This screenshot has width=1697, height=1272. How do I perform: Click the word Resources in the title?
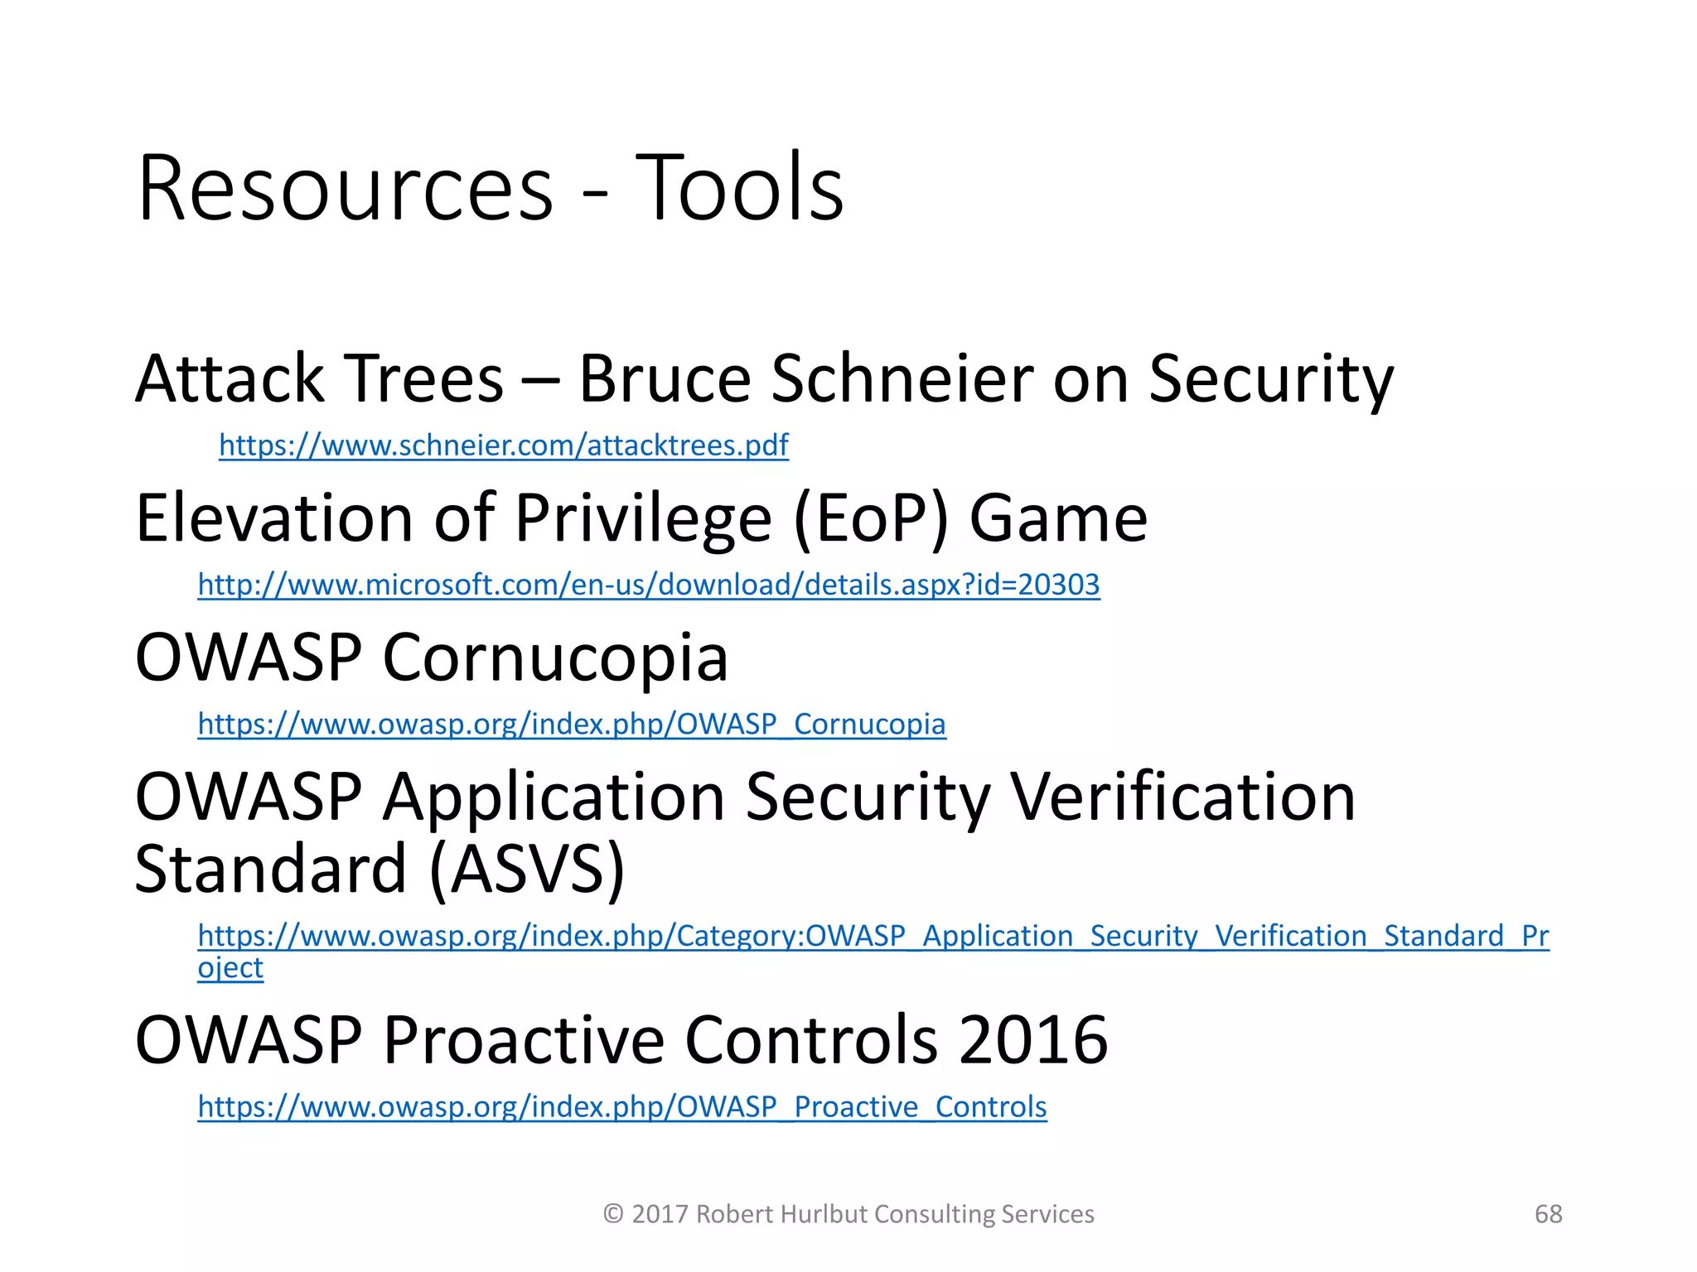tap(345, 188)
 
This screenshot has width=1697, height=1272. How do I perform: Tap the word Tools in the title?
tap(739, 188)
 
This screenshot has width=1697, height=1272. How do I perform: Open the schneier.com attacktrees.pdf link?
tap(503, 446)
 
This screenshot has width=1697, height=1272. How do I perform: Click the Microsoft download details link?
tap(648, 585)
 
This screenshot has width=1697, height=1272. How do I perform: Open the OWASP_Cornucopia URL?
tap(571, 725)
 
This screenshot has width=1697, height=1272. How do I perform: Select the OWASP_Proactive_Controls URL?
tap(621, 1107)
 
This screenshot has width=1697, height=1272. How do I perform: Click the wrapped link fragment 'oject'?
tap(230, 968)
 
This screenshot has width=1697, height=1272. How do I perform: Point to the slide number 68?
tap(1548, 1214)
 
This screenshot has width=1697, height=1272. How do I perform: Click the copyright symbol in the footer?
tap(613, 1214)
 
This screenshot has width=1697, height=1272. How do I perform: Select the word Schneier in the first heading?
tap(902, 379)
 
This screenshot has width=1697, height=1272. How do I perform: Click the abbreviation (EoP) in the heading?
tap(870, 519)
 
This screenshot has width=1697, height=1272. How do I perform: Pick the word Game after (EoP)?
tap(1058, 519)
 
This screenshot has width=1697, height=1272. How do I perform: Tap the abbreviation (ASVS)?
tap(527, 870)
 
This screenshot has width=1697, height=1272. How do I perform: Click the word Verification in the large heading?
tap(1182, 797)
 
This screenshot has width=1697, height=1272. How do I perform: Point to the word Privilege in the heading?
tap(643, 519)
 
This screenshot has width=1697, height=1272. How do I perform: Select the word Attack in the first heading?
tap(230, 379)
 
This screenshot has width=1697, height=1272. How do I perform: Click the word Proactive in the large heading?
tap(524, 1040)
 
